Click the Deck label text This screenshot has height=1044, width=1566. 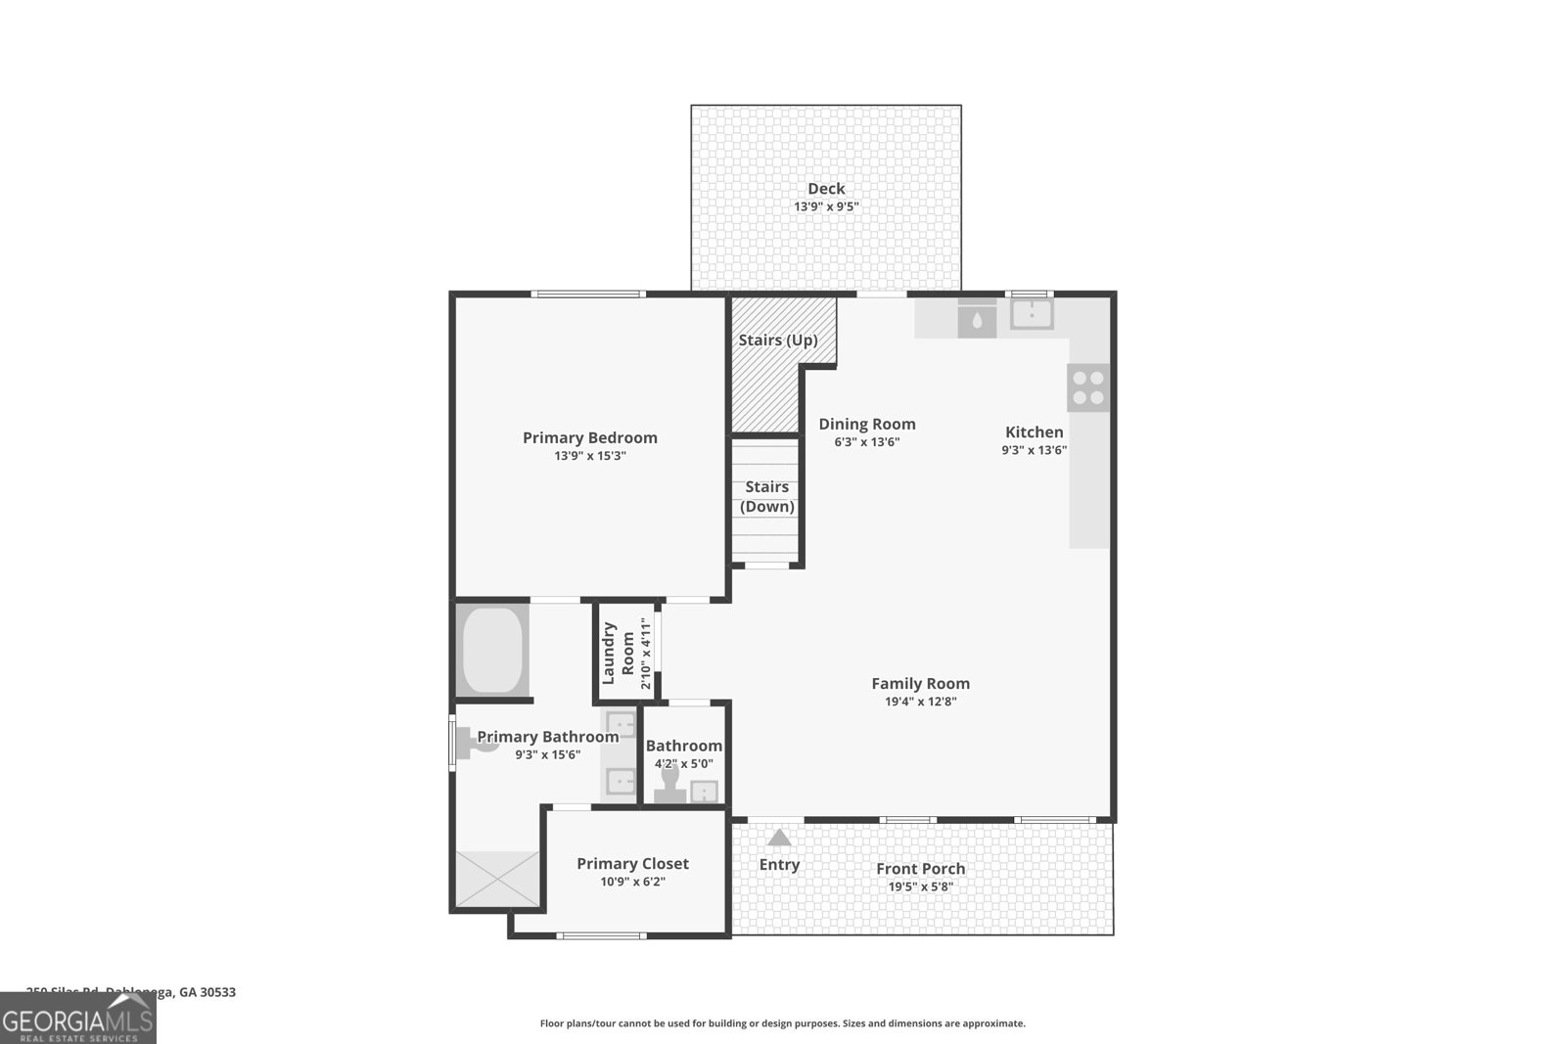(x=826, y=189)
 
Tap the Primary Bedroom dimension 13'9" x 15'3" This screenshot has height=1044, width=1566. (x=589, y=456)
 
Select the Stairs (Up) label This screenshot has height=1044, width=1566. (x=778, y=340)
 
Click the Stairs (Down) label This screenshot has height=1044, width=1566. (x=767, y=496)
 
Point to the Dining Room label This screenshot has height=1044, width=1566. (x=867, y=424)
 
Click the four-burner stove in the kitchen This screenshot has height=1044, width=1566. (x=1088, y=387)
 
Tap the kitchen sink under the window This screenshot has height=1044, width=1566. (x=1032, y=314)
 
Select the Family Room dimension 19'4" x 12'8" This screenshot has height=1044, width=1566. (x=921, y=702)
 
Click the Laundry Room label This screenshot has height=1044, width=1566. (x=618, y=653)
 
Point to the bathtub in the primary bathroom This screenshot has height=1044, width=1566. (x=492, y=651)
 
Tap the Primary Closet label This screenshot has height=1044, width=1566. (x=632, y=863)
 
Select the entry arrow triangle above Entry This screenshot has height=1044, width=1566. (x=779, y=838)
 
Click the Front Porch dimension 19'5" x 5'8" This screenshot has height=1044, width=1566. (x=921, y=887)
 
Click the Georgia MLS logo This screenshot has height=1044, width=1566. (x=78, y=1019)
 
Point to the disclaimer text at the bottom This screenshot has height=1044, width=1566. (x=782, y=1023)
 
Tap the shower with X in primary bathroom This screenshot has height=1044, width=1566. (x=498, y=878)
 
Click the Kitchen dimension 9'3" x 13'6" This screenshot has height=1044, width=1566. (x=1034, y=451)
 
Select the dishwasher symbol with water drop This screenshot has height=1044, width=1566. (x=977, y=319)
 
